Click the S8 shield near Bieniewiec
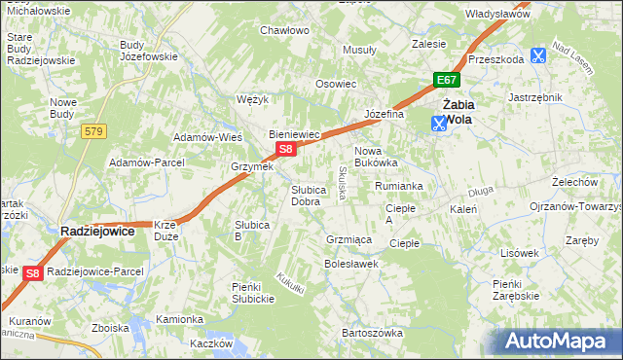285,149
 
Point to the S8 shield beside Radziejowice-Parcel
32,273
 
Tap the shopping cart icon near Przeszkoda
538,57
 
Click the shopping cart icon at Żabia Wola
438,123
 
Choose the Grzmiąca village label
348,238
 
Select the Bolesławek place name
350,264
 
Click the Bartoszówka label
372,333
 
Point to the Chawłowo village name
284,30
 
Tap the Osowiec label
335,84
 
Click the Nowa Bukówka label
376,157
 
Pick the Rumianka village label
399,185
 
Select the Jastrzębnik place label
535,97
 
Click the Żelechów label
574,182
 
